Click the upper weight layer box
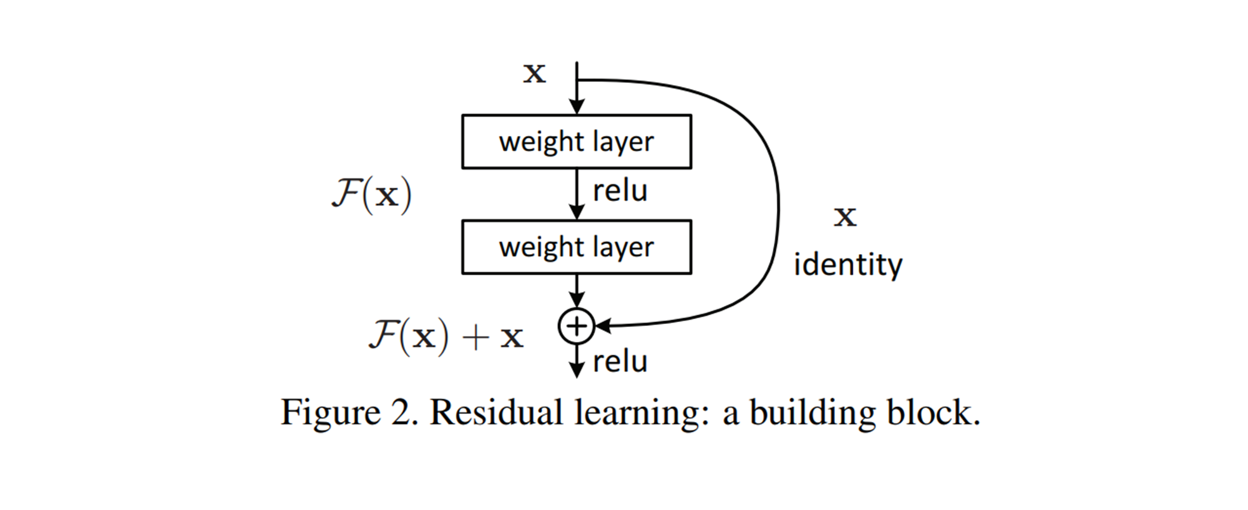576,142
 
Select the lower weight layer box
576,247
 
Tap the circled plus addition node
576,326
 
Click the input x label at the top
534,73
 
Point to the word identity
847,265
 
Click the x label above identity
845,217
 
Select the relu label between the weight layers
620,191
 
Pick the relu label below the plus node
620,362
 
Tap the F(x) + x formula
446,336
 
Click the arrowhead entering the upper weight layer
577,107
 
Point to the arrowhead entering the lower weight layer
577,213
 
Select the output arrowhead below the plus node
577,371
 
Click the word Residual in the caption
496,413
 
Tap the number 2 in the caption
401,413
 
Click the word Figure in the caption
330,413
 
